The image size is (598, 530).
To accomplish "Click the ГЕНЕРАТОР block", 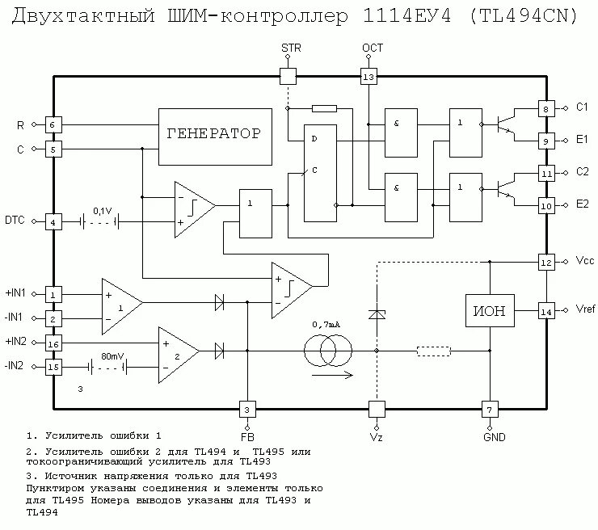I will (x=213, y=133).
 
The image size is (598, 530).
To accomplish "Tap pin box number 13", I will (x=368, y=77).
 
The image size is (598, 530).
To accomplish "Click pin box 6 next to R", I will (x=53, y=125).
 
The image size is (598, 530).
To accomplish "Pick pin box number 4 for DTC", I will (x=53, y=221).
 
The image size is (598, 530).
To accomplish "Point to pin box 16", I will (x=53, y=343).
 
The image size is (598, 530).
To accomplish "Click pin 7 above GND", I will (x=489, y=410).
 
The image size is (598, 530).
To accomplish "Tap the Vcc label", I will (x=585, y=262).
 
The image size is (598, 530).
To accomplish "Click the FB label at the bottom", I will (x=247, y=437).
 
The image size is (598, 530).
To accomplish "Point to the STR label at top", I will (x=290, y=48).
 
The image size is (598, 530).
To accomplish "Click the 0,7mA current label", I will (x=326, y=325).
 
